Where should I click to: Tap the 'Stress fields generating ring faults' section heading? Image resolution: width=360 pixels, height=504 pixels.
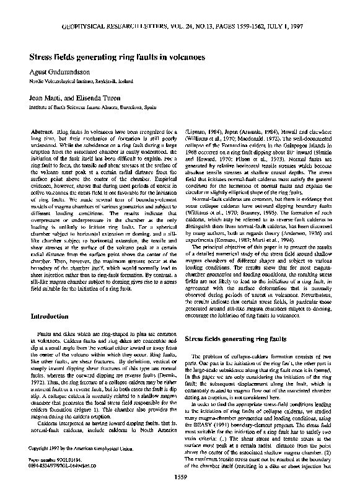pos(239,340)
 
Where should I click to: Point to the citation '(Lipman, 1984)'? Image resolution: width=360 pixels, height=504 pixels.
pos(203,133)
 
